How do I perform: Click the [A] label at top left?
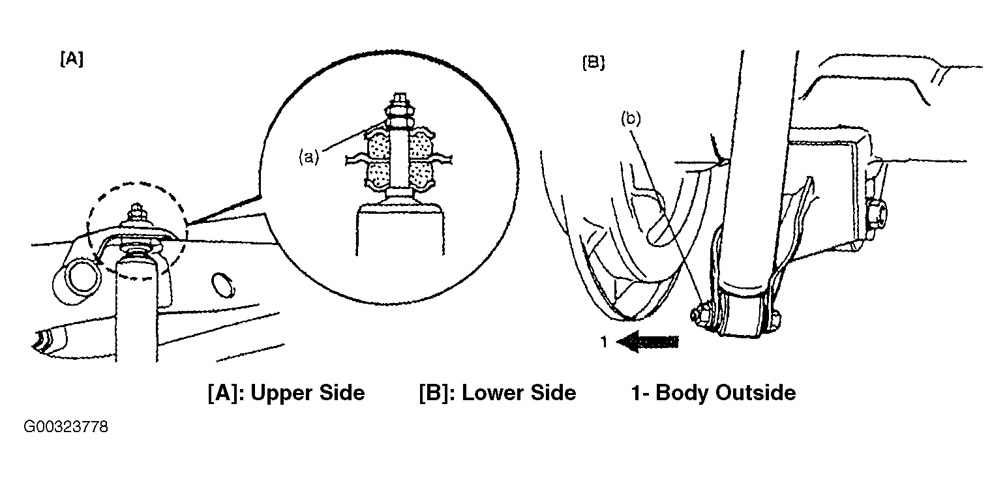click(72, 59)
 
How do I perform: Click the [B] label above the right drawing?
click(594, 63)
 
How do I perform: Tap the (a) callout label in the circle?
click(309, 157)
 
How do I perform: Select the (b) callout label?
click(631, 119)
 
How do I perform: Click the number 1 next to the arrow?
click(604, 342)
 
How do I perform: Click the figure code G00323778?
click(66, 427)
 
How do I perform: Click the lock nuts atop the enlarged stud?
click(399, 112)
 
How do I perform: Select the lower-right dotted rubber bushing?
click(420, 176)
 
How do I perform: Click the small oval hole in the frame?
click(223, 285)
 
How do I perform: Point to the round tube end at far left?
click(77, 281)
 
